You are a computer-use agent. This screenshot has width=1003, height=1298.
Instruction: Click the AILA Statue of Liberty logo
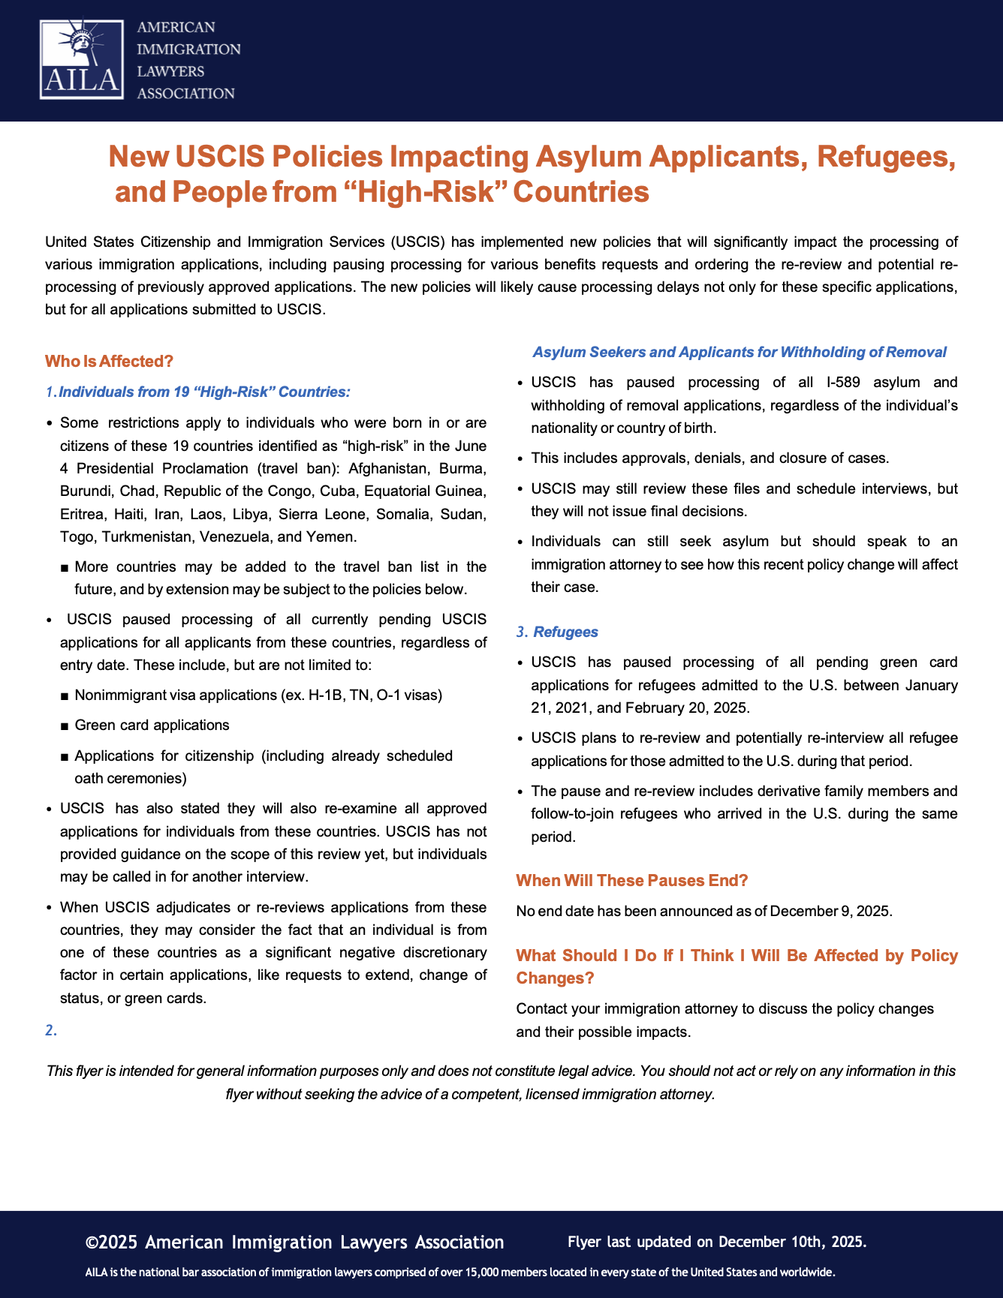point(82,59)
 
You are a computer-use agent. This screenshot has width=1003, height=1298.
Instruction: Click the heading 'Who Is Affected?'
point(109,362)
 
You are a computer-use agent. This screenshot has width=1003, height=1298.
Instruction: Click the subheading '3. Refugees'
point(558,632)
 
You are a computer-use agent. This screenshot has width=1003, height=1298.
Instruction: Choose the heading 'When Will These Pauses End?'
point(632,880)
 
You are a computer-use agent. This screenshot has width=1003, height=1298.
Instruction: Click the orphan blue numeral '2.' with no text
point(51,1030)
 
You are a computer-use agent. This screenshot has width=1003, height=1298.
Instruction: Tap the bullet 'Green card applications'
point(152,726)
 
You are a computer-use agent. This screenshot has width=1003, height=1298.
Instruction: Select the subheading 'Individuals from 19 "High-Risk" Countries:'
point(204,392)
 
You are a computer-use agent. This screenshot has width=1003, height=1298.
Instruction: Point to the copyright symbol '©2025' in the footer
point(112,1242)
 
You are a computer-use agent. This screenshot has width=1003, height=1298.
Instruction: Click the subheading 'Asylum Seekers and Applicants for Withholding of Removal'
point(739,352)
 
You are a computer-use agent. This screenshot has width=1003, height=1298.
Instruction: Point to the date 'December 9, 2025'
point(830,912)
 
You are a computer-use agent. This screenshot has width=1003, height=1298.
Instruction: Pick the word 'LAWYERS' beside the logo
point(170,71)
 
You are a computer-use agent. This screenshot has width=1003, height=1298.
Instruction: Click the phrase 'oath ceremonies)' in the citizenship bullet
point(131,778)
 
